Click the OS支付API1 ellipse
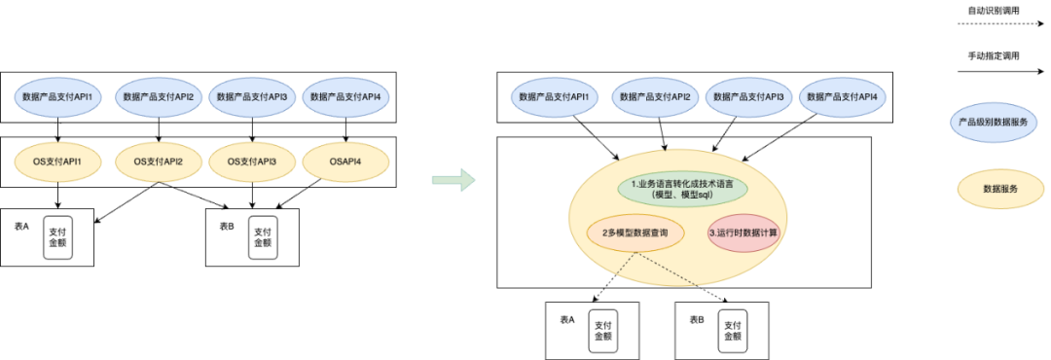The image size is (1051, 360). [x=59, y=161]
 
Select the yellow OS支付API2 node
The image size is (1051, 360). [x=158, y=161]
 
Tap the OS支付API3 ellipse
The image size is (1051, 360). [x=252, y=161]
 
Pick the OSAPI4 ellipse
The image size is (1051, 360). [x=346, y=161]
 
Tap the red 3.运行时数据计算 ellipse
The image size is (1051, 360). [x=743, y=234]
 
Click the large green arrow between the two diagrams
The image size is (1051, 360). [x=453, y=179]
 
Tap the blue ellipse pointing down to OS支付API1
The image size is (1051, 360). [x=59, y=96]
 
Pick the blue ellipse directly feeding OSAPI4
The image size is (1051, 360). [x=346, y=96]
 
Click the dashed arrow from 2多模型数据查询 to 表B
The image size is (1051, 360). [x=681, y=276]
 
